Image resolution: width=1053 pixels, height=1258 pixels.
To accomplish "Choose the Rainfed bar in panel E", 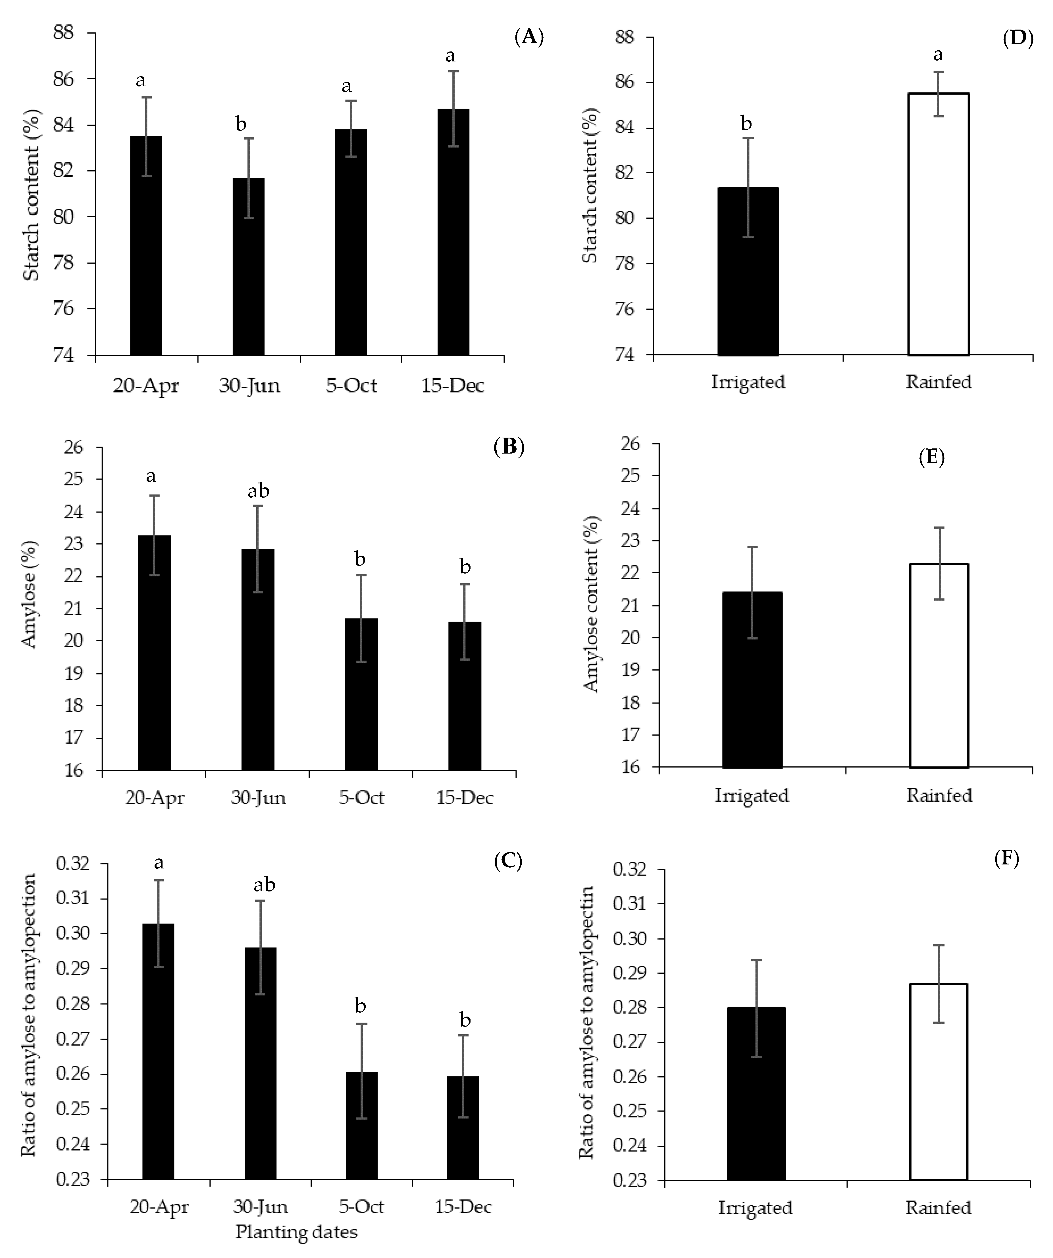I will point(939,665).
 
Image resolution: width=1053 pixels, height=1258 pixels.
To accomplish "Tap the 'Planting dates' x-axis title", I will point(296,1232).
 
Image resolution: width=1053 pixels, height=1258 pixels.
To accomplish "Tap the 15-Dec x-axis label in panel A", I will point(453,385).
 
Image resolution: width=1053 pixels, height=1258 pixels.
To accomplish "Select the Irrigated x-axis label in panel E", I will point(751,796).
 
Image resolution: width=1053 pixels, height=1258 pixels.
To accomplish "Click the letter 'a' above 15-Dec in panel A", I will point(450,56).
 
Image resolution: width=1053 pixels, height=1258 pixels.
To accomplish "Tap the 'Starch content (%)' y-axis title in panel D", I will point(590,186).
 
